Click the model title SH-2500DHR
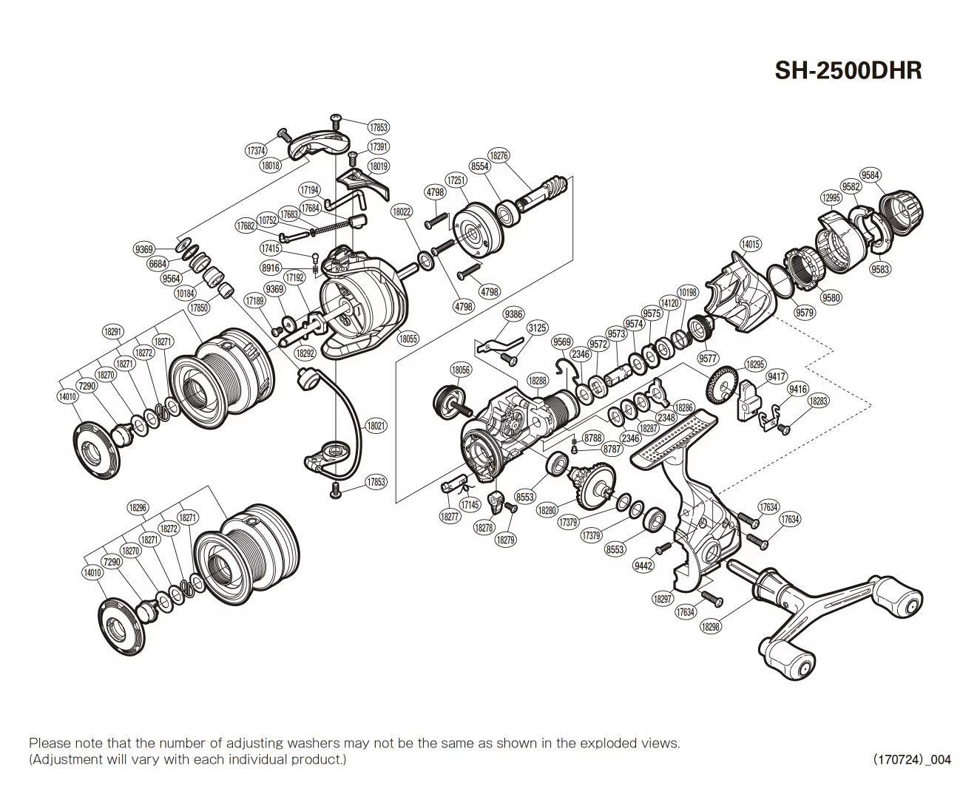[848, 70]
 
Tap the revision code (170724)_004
[912, 759]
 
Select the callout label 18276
[500, 156]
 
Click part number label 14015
[750, 244]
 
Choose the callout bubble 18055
[408, 339]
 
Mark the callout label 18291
[112, 332]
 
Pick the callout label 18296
[138, 508]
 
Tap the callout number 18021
[376, 427]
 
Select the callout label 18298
[710, 626]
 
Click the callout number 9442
[643, 566]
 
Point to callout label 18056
[460, 370]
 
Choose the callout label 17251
[456, 180]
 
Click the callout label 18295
[755, 364]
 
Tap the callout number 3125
[537, 328]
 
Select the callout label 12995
[831, 197]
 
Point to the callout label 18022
[402, 212]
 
